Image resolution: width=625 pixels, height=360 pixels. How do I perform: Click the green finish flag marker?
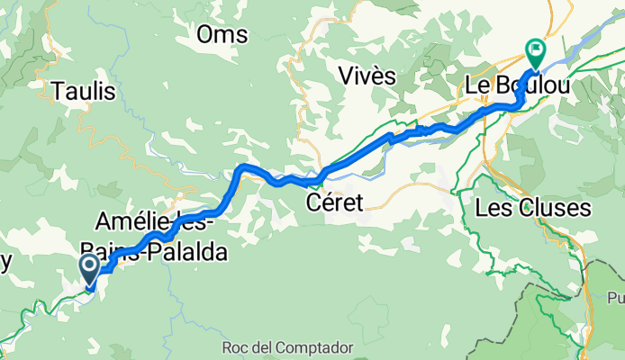(536, 53)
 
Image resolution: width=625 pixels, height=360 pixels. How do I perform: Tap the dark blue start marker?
(91, 269)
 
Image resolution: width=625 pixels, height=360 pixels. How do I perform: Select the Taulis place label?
(83, 91)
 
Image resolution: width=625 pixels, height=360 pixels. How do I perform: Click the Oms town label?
(222, 34)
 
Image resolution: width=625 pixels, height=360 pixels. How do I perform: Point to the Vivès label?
(367, 76)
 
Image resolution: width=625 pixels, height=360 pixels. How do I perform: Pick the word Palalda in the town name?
(189, 249)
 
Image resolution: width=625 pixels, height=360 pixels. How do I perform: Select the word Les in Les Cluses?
(491, 208)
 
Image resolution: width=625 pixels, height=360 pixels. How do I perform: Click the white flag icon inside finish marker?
(537, 50)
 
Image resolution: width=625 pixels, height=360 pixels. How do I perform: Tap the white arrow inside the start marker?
(91, 265)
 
